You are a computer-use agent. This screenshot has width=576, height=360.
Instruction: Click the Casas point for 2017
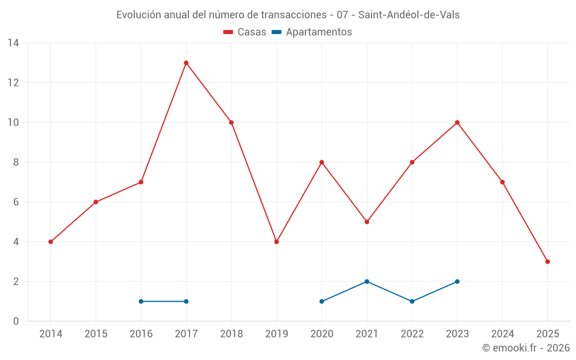point(186,63)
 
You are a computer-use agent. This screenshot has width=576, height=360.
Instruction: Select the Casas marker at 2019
point(276,242)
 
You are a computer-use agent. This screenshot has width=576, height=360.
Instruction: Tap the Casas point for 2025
point(548,262)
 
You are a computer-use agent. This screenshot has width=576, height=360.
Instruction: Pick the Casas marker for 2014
point(51,242)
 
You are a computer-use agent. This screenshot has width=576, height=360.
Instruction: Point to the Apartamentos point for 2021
point(367,282)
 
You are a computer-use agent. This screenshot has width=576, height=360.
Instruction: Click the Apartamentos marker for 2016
point(141,301)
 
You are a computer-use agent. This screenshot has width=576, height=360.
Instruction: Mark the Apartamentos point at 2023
point(457,282)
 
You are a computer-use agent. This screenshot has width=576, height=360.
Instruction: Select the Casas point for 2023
point(457,123)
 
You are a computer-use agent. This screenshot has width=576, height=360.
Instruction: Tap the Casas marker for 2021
point(367,222)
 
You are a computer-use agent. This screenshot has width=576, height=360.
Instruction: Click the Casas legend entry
point(245,32)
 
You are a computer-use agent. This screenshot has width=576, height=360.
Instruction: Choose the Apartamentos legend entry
point(312,32)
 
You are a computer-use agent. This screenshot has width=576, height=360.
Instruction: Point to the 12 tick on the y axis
point(13,83)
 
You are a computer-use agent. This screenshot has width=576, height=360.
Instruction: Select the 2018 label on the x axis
point(232,334)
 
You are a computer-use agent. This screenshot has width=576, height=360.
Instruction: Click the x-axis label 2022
point(412,334)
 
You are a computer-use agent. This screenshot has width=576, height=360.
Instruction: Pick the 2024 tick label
point(502,334)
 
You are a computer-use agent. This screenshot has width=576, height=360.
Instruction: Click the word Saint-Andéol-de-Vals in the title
point(409,15)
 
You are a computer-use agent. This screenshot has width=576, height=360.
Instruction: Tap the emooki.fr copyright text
point(526,348)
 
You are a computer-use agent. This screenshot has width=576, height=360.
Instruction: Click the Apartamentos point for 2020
point(322,301)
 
